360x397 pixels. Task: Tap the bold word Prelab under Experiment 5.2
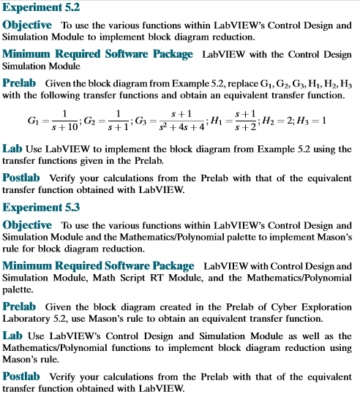[23, 82]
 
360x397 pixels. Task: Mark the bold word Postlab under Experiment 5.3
[26, 375]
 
